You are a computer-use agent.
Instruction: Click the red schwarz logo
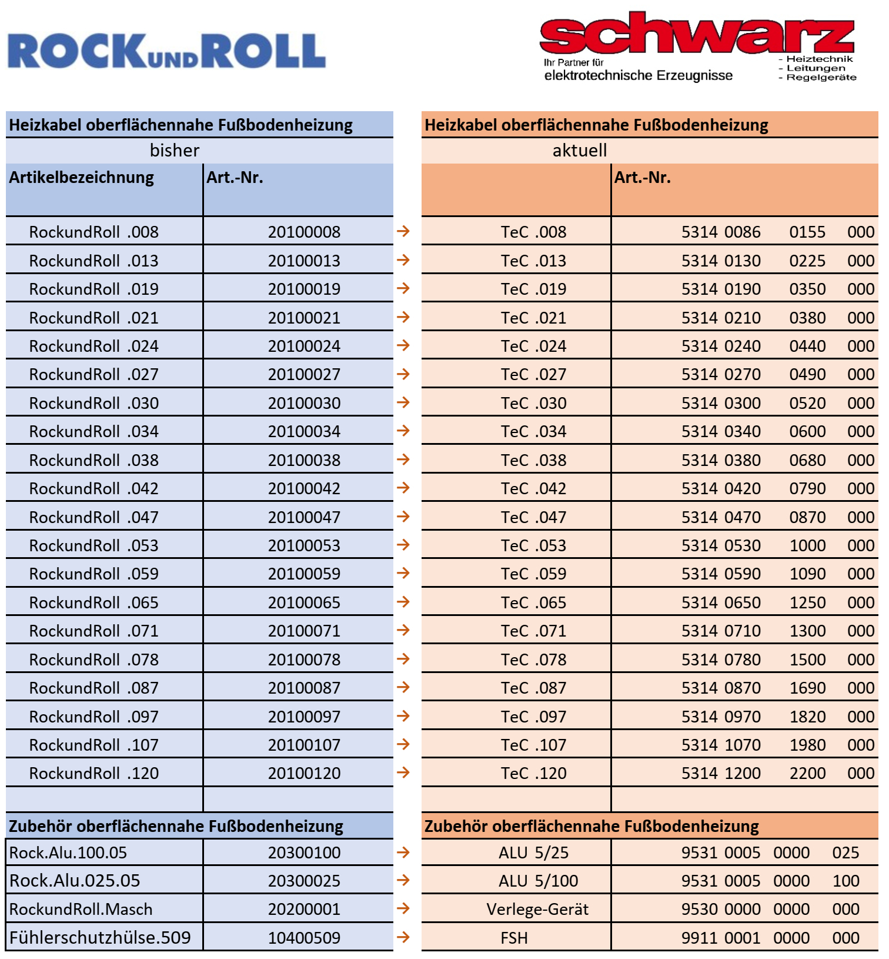pos(697,34)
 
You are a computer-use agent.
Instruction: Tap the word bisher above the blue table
pos(175,151)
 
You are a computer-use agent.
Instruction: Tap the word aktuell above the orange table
pos(580,151)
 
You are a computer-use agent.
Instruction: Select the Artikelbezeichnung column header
pos(82,178)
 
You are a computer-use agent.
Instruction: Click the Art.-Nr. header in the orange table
pos(643,178)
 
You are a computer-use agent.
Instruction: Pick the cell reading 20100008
pos(304,232)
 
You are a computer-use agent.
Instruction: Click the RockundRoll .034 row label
pos(94,432)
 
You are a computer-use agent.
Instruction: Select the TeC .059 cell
pos(533,574)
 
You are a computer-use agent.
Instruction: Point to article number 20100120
pos(304,774)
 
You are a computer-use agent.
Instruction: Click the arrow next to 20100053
pos(403,545)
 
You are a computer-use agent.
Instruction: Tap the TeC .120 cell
pos(533,774)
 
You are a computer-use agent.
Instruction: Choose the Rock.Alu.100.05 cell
pos(68,853)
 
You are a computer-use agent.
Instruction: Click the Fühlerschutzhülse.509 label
pos(100,938)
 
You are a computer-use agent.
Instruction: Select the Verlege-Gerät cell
pos(537,910)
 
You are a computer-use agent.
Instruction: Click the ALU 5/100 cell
pos(538,881)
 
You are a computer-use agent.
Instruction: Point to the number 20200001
pos(304,910)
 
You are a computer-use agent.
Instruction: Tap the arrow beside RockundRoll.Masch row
pos(403,908)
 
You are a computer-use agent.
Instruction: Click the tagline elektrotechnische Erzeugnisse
pos(639,75)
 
